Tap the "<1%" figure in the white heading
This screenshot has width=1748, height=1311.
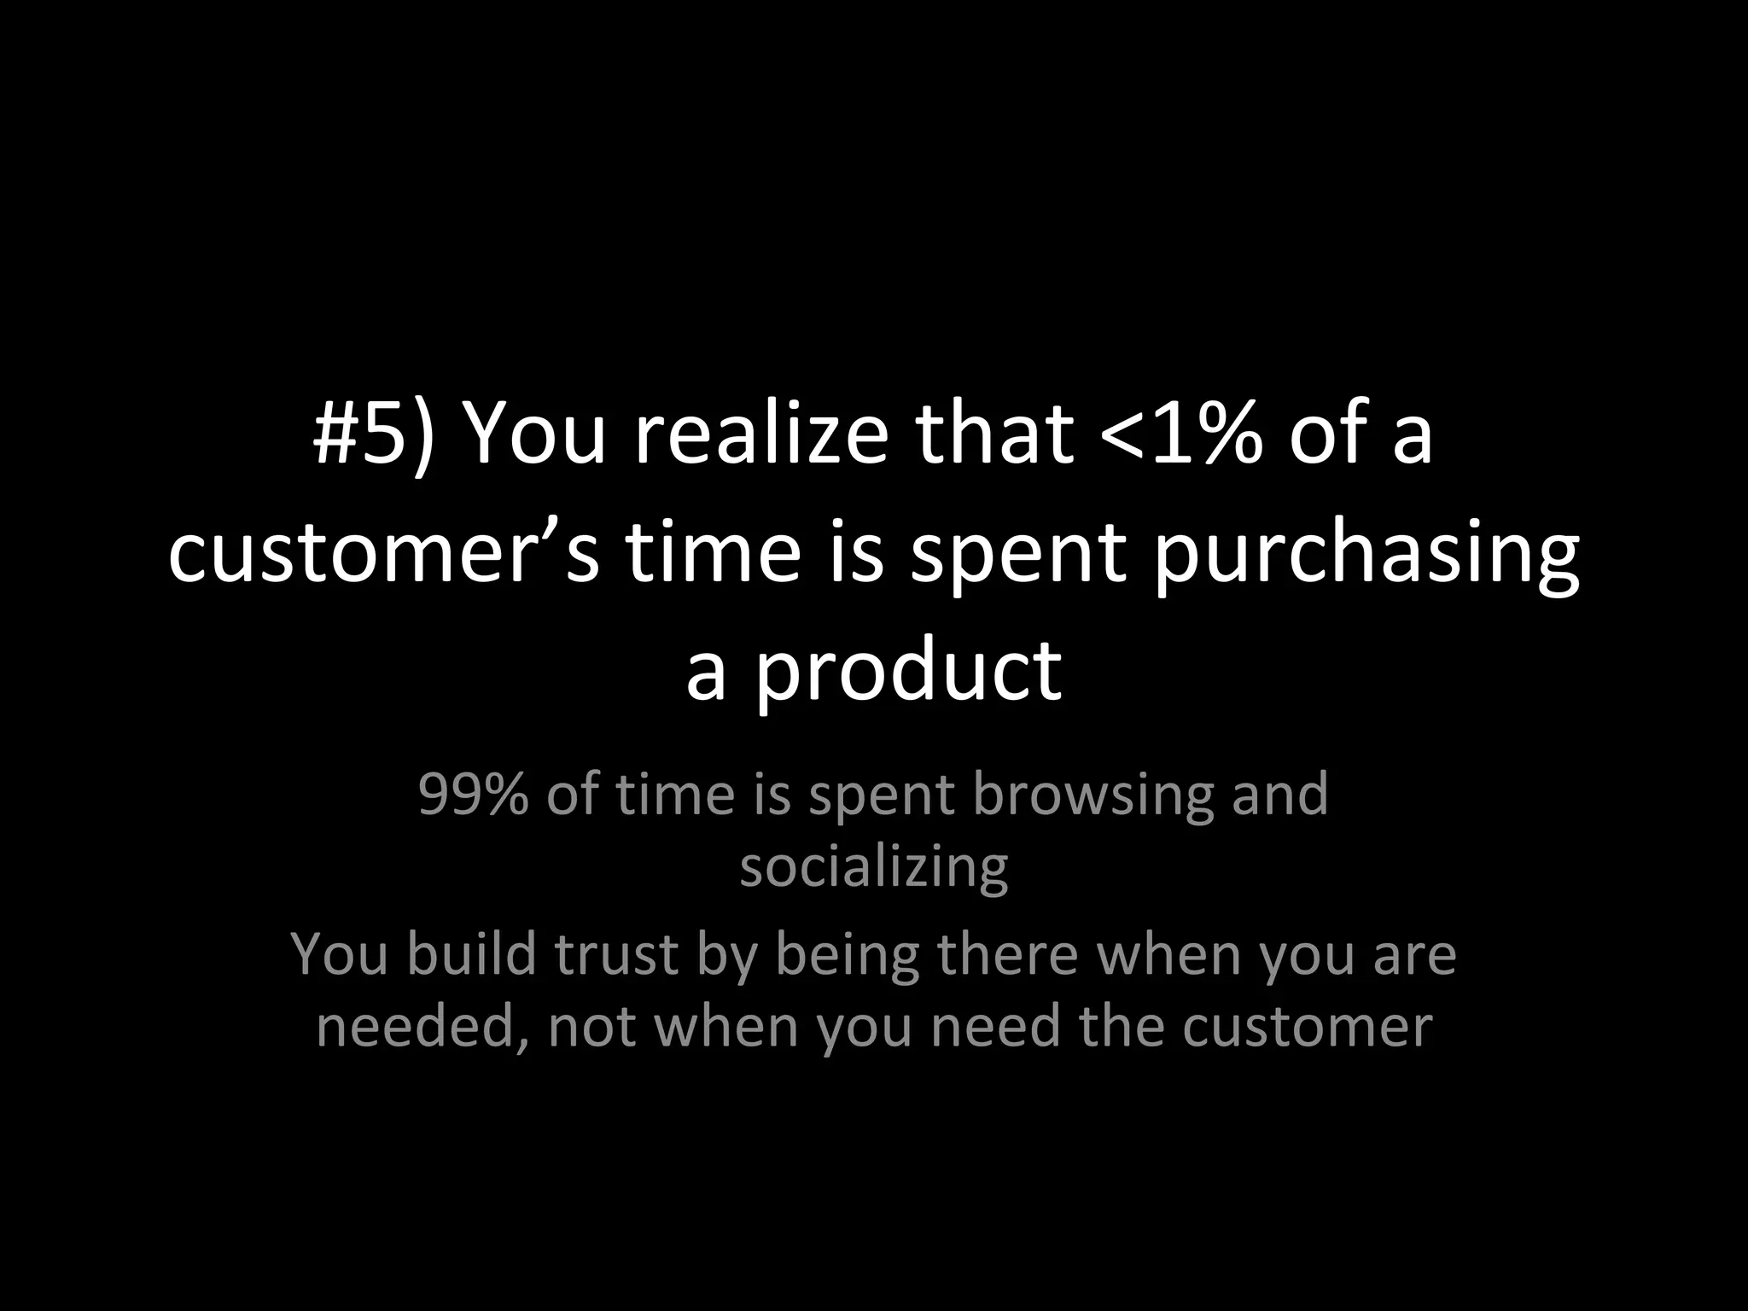click(x=1181, y=434)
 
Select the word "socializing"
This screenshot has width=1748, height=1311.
click(x=873, y=868)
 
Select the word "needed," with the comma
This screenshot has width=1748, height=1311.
click(x=422, y=1027)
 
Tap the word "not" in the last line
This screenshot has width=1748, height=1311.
click(x=591, y=1027)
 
